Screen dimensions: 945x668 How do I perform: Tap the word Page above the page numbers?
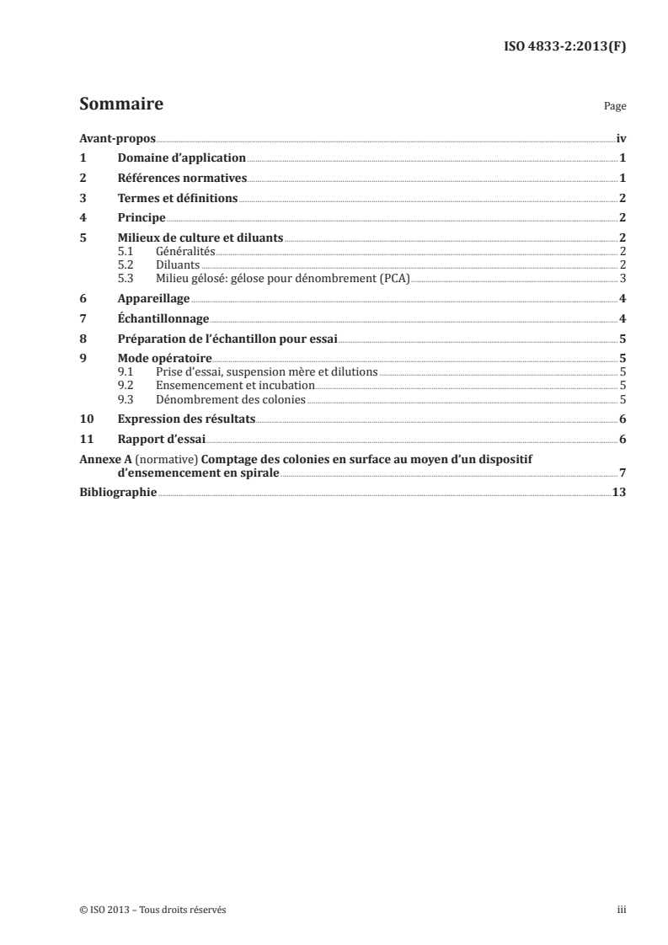coord(615,108)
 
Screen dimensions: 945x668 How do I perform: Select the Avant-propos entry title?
coord(117,138)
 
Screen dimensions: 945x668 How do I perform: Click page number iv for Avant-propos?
coord(620,138)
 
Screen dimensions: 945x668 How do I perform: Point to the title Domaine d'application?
coord(181,157)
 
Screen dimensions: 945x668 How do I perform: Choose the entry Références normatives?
coord(182,178)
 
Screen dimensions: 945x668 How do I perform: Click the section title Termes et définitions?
coord(178,199)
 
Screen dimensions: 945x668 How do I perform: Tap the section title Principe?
coord(141,218)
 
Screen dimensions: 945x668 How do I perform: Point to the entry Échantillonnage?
coord(163,318)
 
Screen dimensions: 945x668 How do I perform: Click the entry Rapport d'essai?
coord(161,439)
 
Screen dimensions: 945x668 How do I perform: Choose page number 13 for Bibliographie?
coord(618,493)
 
